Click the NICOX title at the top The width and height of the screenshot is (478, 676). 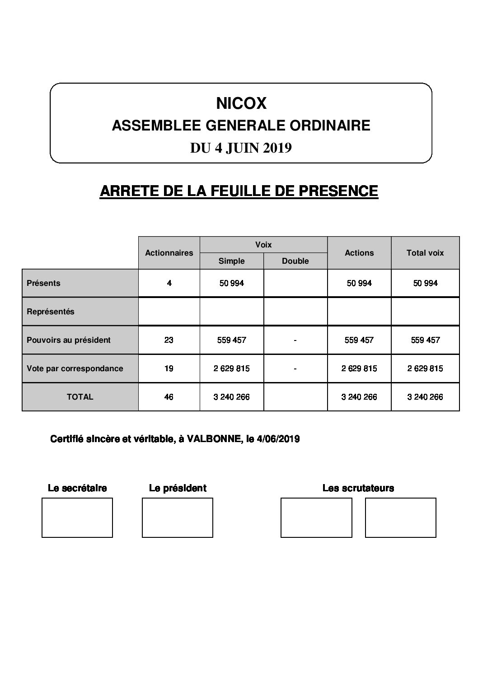(241, 104)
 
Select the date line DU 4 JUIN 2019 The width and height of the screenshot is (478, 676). (241, 148)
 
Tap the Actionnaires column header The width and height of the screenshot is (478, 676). (169, 253)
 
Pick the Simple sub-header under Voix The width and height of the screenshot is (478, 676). (231, 261)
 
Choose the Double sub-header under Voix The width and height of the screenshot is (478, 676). (295, 261)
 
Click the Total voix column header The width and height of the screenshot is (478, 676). (425, 253)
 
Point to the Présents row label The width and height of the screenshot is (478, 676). (43, 283)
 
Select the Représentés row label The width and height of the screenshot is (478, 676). (51, 312)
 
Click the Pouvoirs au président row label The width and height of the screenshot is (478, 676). (69, 340)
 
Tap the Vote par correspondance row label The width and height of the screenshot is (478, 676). (75, 368)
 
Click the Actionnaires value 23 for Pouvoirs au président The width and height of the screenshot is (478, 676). (169, 340)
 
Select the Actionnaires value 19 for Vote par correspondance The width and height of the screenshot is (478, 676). (169, 368)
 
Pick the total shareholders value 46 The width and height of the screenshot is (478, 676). (169, 397)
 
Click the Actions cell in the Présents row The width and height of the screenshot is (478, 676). (359, 283)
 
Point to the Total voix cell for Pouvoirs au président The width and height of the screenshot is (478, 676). (425, 340)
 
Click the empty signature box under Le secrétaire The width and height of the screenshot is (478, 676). (77, 517)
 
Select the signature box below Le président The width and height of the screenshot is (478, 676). (178, 517)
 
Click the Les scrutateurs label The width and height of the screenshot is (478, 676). (358, 488)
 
